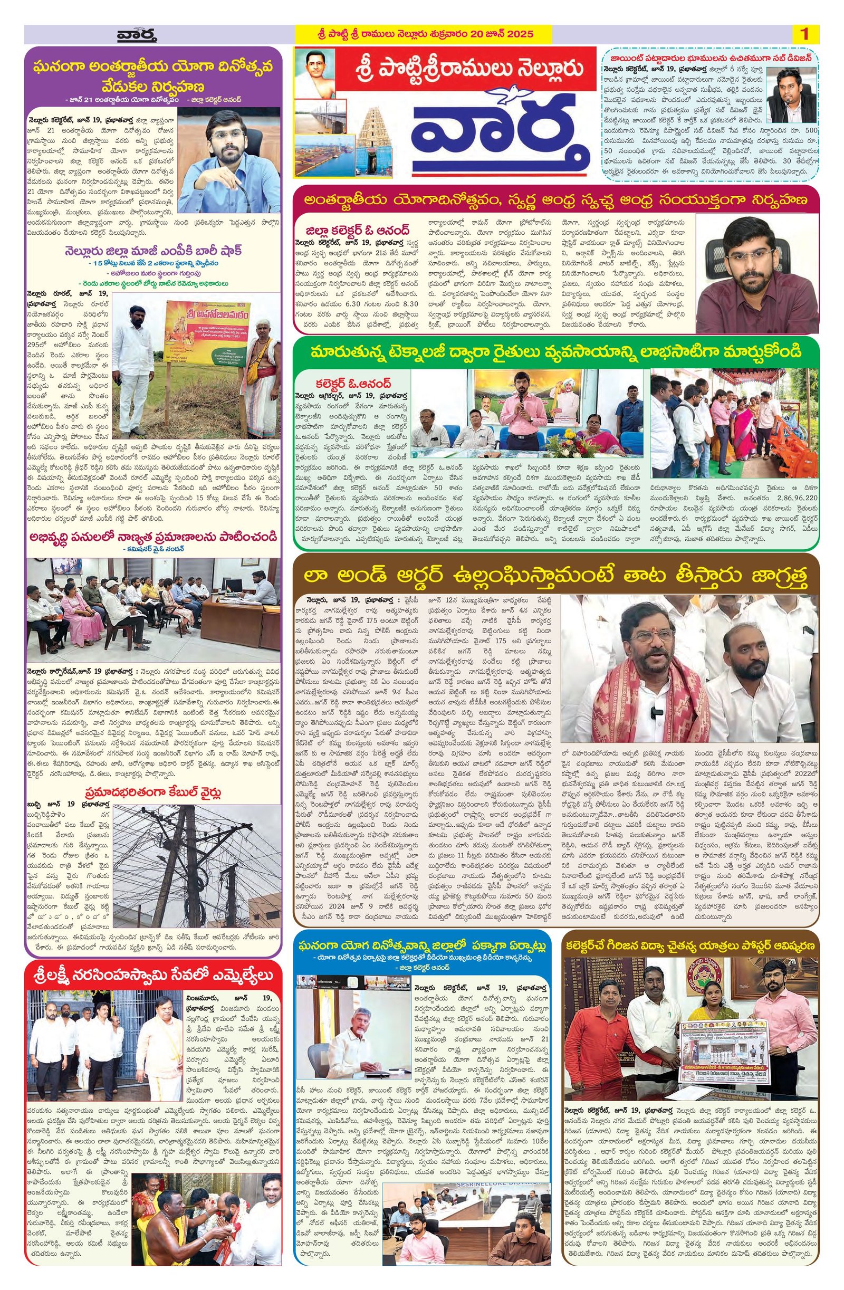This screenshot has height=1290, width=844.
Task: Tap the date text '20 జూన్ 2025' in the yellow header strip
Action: coord(504,34)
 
